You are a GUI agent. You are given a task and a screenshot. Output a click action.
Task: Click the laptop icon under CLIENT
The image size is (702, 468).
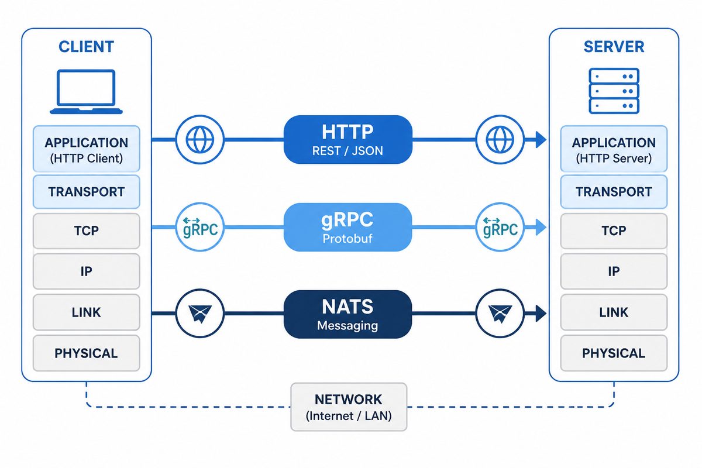click(x=86, y=91)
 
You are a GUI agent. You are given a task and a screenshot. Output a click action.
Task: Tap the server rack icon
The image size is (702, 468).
click(x=614, y=91)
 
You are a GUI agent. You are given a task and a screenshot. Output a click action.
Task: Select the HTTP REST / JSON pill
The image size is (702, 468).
click(x=348, y=139)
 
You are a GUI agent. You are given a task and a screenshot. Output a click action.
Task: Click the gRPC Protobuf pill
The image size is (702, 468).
click(x=348, y=227)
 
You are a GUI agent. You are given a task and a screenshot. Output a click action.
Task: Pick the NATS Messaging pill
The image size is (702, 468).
click(x=348, y=314)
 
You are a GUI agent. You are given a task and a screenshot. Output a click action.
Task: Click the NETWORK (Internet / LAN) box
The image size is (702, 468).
click(x=349, y=407)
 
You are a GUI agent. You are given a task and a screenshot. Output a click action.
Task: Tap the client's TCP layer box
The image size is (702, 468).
click(x=87, y=231)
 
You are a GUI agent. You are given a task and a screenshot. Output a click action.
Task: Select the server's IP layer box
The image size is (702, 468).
click(x=614, y=271)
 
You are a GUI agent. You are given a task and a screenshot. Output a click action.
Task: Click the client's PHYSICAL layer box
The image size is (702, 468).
click(x=87, y=353)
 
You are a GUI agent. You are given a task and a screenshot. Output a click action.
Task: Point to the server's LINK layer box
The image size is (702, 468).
click(x=614, y=312)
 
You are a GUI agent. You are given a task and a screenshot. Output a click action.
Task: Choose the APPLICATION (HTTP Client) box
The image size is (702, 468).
click(x=87, y=149)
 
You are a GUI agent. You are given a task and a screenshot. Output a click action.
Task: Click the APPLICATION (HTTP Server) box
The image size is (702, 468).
click(x=614, y=149)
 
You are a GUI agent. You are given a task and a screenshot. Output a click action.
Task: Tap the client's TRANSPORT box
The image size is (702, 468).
click(x=87, y=192)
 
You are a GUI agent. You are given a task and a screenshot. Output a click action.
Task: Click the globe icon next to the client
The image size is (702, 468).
click(x=200, y=139)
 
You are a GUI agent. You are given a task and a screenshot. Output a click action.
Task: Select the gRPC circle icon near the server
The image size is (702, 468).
click(x=500, y=227)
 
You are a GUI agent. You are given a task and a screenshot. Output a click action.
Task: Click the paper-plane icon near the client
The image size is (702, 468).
click(x=200, y=314)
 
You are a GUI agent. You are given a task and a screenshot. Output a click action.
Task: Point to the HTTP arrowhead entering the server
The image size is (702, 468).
click(x=541, y=139)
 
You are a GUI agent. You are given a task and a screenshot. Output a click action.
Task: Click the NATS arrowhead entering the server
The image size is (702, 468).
click(x=541, y=314)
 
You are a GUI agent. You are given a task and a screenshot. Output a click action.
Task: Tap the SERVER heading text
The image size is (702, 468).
click(x=614, y=47)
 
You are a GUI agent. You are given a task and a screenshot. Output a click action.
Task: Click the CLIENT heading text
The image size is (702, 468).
click(x=86, y=47)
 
